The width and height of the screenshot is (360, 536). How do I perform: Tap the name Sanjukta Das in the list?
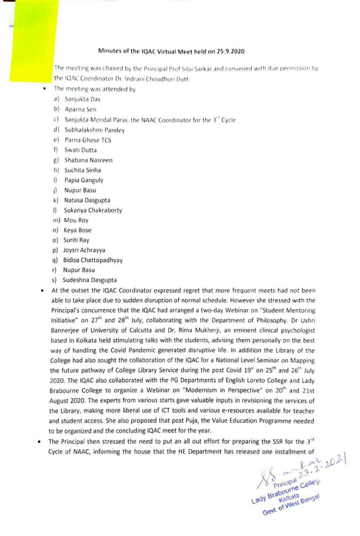pos(82,99)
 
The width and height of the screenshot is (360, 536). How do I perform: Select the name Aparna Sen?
pos(80,109)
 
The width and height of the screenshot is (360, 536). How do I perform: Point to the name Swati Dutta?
pos(81,150)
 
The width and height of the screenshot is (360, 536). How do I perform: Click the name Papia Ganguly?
pos(84,180)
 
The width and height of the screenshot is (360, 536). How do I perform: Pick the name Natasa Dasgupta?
pos(88,200)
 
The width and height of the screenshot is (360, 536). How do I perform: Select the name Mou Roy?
pos(76,220)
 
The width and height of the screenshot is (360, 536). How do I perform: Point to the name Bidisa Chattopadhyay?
pos(94,260)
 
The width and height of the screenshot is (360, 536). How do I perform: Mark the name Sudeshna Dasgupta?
pos(91,280)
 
